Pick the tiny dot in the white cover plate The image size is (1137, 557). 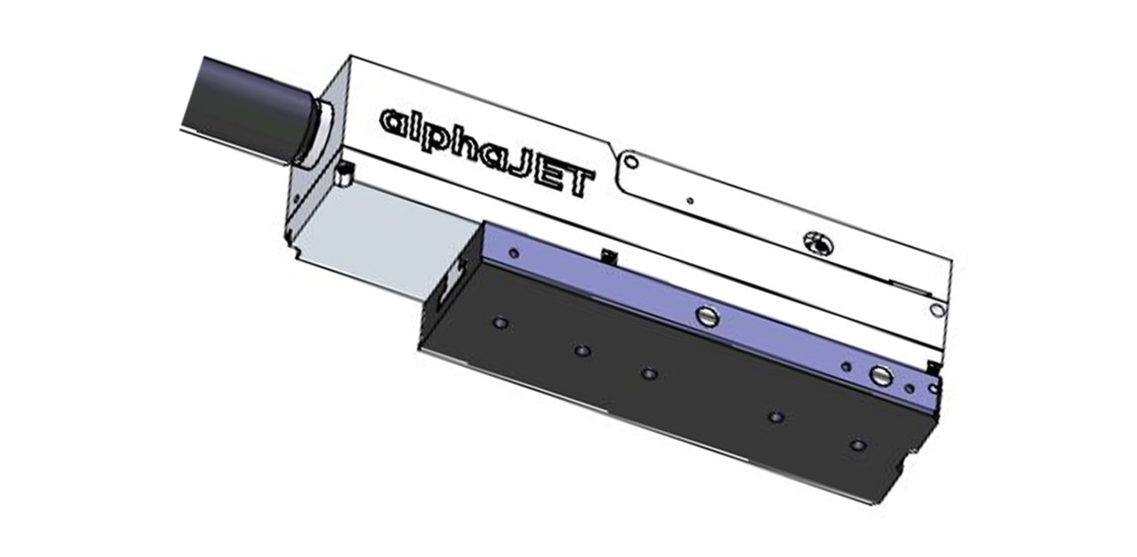(689, 200)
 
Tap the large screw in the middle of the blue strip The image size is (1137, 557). (706, 314)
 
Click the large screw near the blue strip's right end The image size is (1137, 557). (879, 376)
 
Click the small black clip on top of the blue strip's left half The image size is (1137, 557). (608, 255)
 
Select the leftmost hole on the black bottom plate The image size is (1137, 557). (500, 322)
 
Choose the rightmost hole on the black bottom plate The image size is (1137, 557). (856, 444)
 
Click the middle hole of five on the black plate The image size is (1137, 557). (649, 373)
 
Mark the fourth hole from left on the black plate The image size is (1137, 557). (775, 417)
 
